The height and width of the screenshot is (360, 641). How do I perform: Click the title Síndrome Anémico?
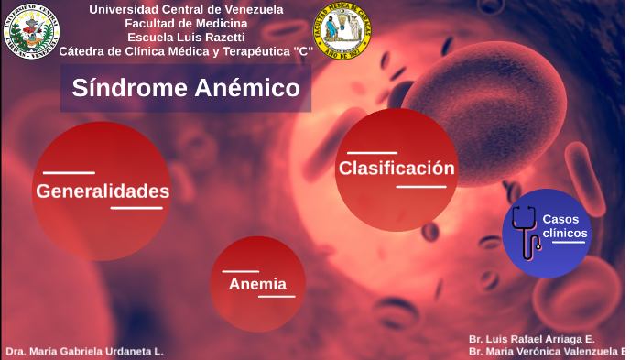click(186, 88)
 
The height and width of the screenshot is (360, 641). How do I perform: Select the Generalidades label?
click(103, 191)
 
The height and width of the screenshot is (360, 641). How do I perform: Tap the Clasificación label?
click(397, 169)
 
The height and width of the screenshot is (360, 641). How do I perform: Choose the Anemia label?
click(257, 284)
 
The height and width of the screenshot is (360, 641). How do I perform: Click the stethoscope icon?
click(526, 233)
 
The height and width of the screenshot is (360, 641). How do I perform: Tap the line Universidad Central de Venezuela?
click(186, 9)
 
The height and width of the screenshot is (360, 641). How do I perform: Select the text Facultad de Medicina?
click(186, 23)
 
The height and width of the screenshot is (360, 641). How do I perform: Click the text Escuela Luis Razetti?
click(186, 37)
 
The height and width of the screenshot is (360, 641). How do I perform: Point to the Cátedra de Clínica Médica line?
click(186, 50)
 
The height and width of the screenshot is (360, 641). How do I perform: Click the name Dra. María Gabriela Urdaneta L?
click(84, 352)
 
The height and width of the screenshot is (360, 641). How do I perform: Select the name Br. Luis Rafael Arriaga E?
click(531, 339)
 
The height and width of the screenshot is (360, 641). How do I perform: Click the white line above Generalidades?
click(69, 172)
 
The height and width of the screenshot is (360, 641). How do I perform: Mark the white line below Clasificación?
click(421, 187)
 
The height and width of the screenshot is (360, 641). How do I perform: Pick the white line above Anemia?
click(241, 271)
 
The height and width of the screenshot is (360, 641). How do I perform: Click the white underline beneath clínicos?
click(569, 242)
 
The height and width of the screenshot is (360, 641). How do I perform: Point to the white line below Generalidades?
click(136, 209)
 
